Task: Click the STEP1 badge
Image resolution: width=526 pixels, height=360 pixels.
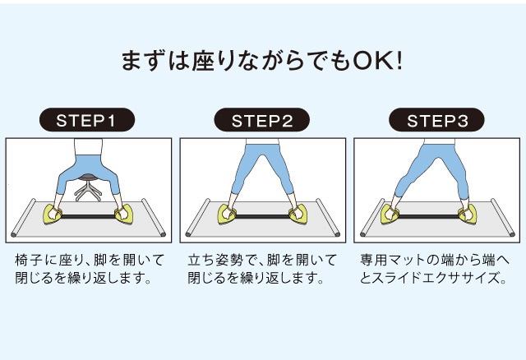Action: tap(87, 120)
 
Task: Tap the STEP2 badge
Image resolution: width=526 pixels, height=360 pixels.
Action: tap(261, 120)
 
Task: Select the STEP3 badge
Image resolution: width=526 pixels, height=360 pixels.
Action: tap(436, 120)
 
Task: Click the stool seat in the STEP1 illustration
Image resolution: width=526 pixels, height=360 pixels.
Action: tap(88, 177)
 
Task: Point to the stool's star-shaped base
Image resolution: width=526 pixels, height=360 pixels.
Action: tap(88, 192)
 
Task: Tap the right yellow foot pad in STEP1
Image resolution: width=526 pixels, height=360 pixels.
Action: tap(123, 215)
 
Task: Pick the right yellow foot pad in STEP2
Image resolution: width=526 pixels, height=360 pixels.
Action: tap(298, 215)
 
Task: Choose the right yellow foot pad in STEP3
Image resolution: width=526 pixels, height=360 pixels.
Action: tap(468, 215)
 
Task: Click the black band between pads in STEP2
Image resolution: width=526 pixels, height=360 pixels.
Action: tap(263, 216)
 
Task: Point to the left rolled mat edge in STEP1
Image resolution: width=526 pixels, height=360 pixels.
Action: tap(23, 218)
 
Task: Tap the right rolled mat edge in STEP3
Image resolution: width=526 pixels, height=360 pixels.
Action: tap(503, 218)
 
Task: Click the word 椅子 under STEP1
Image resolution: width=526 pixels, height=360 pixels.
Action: tap(29, 260)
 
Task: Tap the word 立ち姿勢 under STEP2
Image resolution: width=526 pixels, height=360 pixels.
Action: tap(215, 260)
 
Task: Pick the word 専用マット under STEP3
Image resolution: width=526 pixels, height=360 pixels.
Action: tap(394, 260)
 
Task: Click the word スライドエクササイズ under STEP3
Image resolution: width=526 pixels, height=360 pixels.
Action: tap(435, 278)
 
